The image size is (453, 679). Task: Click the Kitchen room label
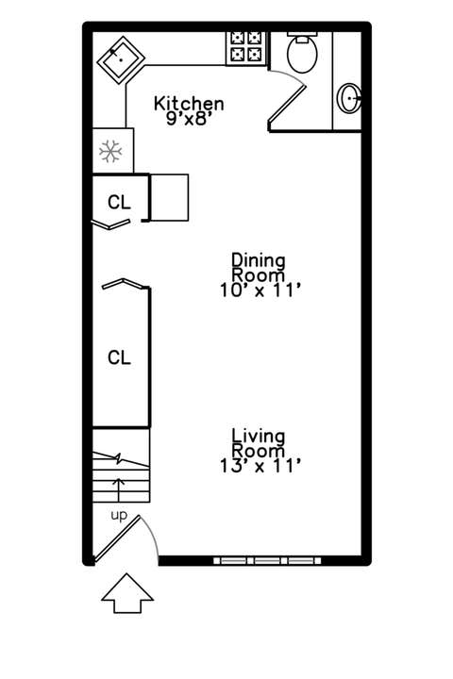pos(189,104)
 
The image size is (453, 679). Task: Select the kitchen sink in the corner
pos(121,60)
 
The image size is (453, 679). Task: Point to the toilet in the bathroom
pos(302,52)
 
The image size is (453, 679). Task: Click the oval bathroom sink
pos(349,98)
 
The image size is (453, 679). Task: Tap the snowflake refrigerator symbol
pos(110,152)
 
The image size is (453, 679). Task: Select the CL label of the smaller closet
pos(119,202)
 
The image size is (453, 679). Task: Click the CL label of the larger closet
pos(119,357)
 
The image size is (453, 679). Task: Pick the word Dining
pos(259,260)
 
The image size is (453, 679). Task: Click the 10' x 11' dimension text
pos(260,290)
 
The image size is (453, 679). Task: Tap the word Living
pos(259,436)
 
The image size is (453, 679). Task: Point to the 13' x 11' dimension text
pos(260,467)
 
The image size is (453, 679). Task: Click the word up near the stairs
pos(119,516)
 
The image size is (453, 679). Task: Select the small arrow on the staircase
pos(119,490)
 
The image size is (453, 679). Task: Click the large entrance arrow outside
pos(127,593)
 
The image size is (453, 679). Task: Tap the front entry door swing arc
pos(152,533)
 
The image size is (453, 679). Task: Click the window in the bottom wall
pos(267,561)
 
